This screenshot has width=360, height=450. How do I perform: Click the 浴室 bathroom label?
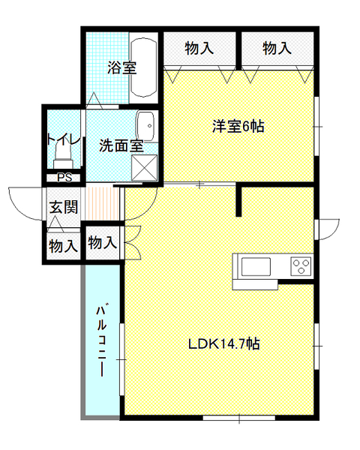122,67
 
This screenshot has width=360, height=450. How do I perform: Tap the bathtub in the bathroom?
143,67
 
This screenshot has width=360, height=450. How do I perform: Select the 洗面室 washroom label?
121,145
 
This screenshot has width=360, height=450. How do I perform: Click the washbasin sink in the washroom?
146,126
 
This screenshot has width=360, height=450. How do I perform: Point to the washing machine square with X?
145,167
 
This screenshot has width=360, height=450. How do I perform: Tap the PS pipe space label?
64,178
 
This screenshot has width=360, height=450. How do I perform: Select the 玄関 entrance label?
64,207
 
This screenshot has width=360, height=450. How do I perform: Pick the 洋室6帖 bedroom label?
238,126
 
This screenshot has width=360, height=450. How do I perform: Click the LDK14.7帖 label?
224,343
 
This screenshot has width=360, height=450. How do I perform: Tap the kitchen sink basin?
256,266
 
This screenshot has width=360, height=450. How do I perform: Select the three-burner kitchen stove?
301,266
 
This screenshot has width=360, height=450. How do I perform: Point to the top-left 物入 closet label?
199,48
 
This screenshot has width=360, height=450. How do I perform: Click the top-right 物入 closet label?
277,48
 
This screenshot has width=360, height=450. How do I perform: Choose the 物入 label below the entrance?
63,246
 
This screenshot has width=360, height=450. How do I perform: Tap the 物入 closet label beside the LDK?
103,242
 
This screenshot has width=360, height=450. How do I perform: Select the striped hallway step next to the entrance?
102,203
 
